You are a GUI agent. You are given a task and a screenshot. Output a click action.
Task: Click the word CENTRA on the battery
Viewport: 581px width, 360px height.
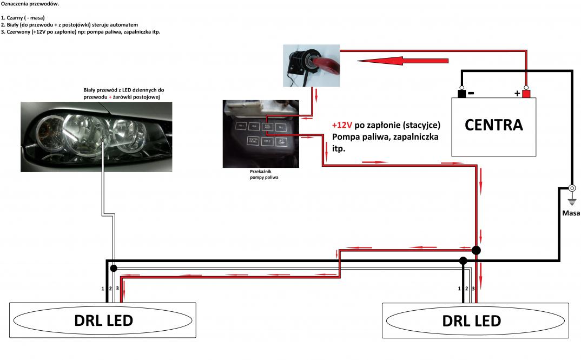click(x=494, y=125)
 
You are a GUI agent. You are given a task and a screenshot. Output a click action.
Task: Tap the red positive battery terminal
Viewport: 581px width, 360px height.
click(x=526, y=93)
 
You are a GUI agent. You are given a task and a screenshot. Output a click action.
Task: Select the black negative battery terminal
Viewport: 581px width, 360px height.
click(x=461, y=93)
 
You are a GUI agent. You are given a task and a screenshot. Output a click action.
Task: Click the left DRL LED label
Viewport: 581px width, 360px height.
click(x=103, y=320)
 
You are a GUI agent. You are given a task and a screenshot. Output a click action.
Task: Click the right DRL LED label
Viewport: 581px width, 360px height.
click(x=471, y=320)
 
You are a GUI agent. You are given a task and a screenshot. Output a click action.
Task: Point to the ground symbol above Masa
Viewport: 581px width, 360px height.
click(x=572, y=195)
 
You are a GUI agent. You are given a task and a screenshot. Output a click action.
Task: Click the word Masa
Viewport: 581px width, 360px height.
click(x=570, y=213)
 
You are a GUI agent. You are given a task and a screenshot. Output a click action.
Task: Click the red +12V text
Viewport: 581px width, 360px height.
click(x=342, y=125)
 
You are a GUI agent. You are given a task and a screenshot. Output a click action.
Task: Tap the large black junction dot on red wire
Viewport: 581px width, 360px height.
click(x=476, y=250)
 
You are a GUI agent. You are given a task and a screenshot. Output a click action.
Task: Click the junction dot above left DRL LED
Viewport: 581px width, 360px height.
click(x=113, y=268)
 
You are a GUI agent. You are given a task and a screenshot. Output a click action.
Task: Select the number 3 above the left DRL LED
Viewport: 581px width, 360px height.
click(x=117, y=288)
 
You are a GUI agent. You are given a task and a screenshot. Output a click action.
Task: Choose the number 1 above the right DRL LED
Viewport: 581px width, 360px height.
click(x=459, y=289)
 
